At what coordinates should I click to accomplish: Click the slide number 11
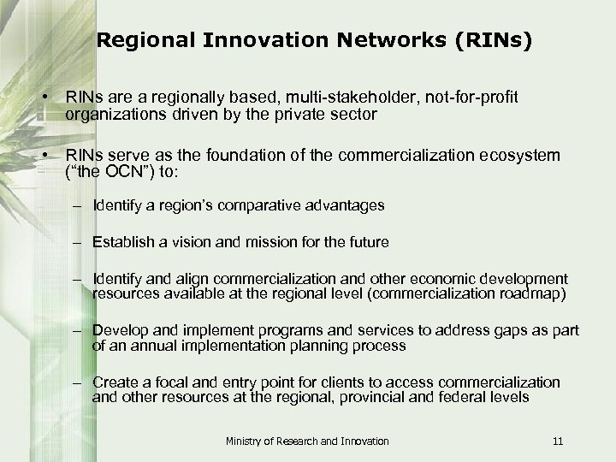click(558, 441)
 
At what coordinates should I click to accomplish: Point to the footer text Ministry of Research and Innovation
click(307, 441)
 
